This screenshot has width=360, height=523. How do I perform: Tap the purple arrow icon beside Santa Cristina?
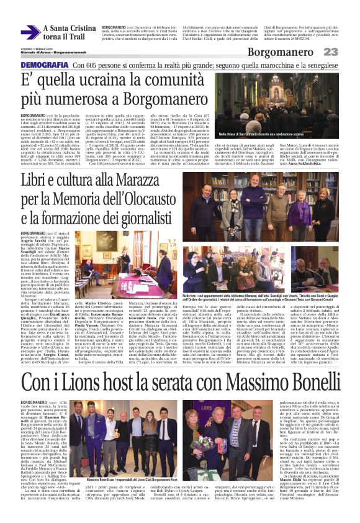[x=30, y=32]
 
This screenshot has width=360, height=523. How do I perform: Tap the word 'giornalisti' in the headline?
[x=141, y=202]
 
